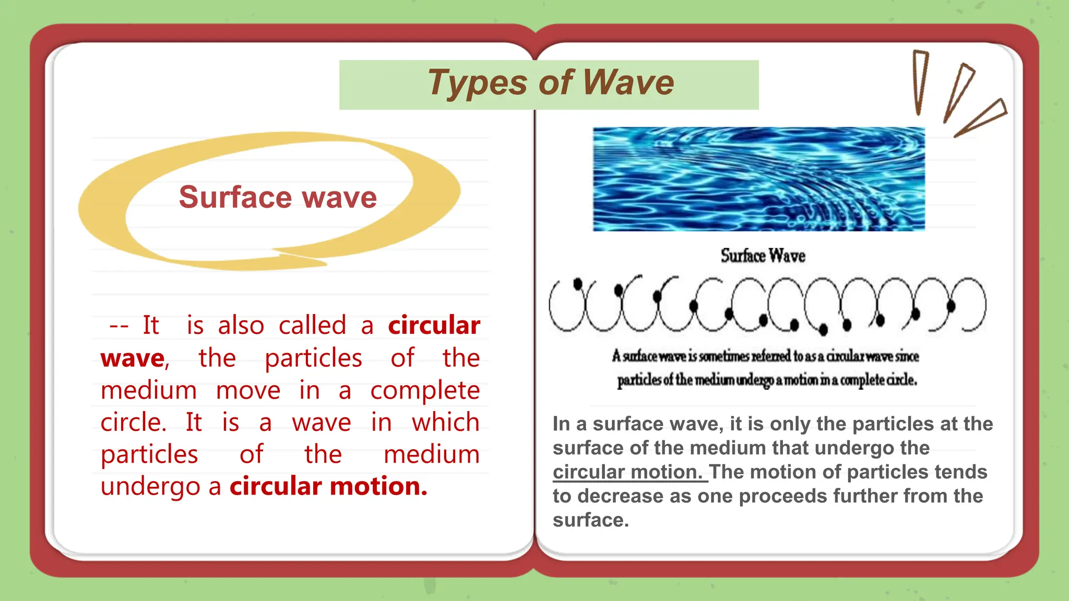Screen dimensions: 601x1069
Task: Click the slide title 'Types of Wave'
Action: (550, 83)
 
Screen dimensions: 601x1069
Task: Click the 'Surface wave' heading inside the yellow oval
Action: (278, 197)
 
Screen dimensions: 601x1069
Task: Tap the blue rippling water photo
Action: (758, 179)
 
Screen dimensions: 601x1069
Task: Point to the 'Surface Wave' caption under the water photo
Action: (763, 256)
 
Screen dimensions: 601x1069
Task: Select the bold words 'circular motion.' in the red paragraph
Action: (328, 486)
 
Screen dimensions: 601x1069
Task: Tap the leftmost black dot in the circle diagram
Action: (577, 284)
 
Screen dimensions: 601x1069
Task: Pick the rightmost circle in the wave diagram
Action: (969, 305)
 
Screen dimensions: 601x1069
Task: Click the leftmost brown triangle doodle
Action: (920, 81)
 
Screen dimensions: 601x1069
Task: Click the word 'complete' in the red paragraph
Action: (425, 391)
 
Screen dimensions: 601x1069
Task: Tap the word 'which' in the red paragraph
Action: (445, 422)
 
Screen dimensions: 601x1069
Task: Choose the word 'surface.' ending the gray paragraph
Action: (590, 520)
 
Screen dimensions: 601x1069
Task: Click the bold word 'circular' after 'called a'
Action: (434, 326)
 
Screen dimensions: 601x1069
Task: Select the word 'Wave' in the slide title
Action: (628, 83)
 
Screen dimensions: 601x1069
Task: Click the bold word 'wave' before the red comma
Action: (133, 358)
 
